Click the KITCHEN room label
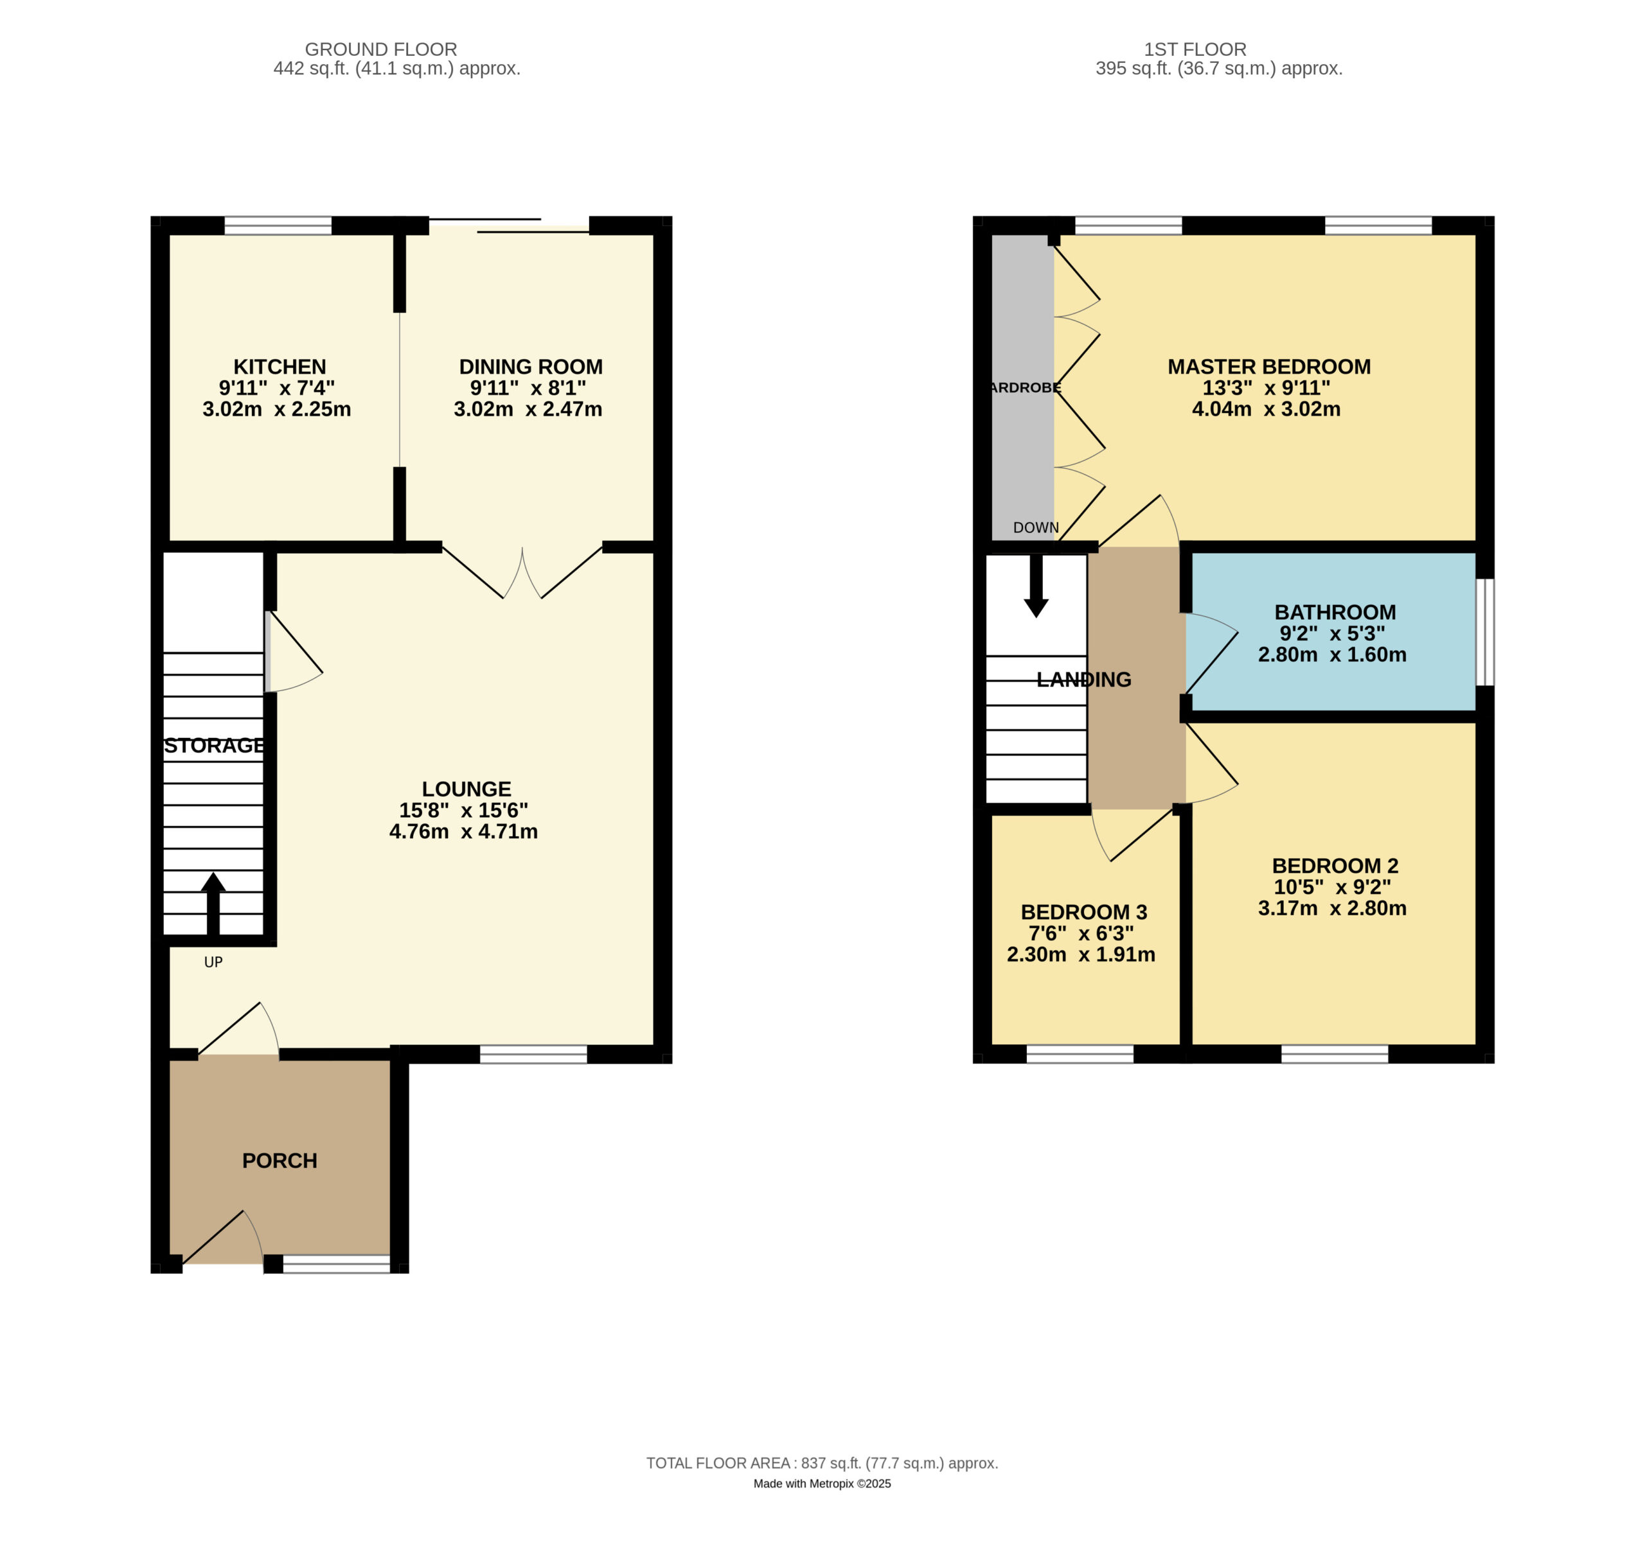pyautogui.click(x=280, y=366)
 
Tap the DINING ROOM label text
pyautogui.click(x=531, y=366)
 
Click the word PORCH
pyautogui.click(x=280, y=1161)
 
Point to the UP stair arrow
pyautogui.click(x=213, y=904)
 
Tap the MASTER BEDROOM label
pyautogui.click(x=1268, y=366)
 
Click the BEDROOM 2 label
pyautogui.click(x=1335, y=865)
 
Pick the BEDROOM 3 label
pyautogui.click(x=1083, y=912)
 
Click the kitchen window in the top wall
pyautogui.click(x=278, y=225)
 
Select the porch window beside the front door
pyautogui.click(x=337, y=1264)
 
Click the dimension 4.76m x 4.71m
pyautogui.click(x=463, y=831)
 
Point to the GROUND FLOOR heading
pyautogui.click(x=380, y=49)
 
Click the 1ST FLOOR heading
pyautogui.click(x=1195, y=49)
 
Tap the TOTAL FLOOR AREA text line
pyautogui.click(x=822, y=1463)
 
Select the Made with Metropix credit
pyautogui.click(x=822, y=1484)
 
